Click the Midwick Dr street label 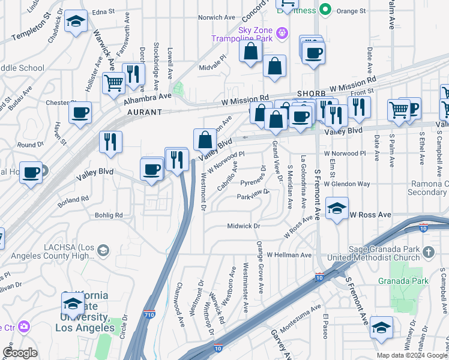pos(243,226)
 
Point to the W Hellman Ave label pos(289,255)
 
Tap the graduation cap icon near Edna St pos(76,22)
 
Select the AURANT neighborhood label pos(145,112)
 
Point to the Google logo pos(20,353)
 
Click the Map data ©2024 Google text pos(411,355)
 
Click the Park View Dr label pos(253,196)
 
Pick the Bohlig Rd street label pos(108,215)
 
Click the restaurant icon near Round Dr pos(110,142)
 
